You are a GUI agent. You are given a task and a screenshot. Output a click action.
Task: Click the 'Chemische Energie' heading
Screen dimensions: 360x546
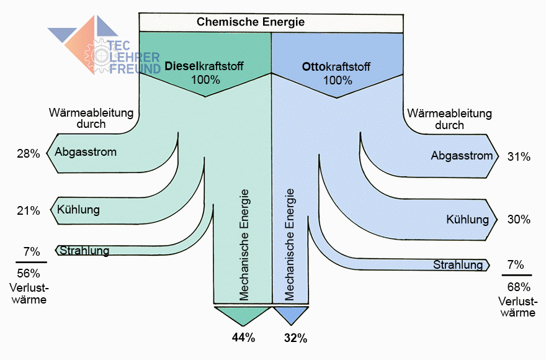[x=251, y=22]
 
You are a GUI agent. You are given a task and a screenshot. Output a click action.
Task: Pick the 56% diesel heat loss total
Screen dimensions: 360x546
[x=28, y=273]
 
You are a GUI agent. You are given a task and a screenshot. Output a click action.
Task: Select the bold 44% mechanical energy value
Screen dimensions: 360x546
[x=243, y=338]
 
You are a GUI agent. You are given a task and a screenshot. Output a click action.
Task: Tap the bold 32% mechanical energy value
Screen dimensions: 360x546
[x=295, y=338]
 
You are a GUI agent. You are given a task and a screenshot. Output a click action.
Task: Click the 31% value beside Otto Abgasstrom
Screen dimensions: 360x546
[x=519, y=157]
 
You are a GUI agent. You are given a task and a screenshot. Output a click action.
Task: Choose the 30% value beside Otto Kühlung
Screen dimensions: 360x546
[x=519, y=219]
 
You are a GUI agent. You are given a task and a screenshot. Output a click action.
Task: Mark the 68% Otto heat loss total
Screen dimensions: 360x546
[x=518, y=287]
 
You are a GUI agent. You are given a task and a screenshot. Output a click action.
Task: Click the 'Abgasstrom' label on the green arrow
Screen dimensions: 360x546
[x=86, y=152]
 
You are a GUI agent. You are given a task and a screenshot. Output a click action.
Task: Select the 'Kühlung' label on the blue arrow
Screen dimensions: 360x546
[x=467, y=219]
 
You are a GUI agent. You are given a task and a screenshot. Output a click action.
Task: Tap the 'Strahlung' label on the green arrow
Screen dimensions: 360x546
[x=84, y=251]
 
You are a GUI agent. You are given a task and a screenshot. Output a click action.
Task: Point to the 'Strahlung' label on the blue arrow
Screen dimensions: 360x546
[x=458, y=265]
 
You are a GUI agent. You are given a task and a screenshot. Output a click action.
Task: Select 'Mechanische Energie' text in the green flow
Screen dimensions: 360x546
[x=244, y=245]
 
